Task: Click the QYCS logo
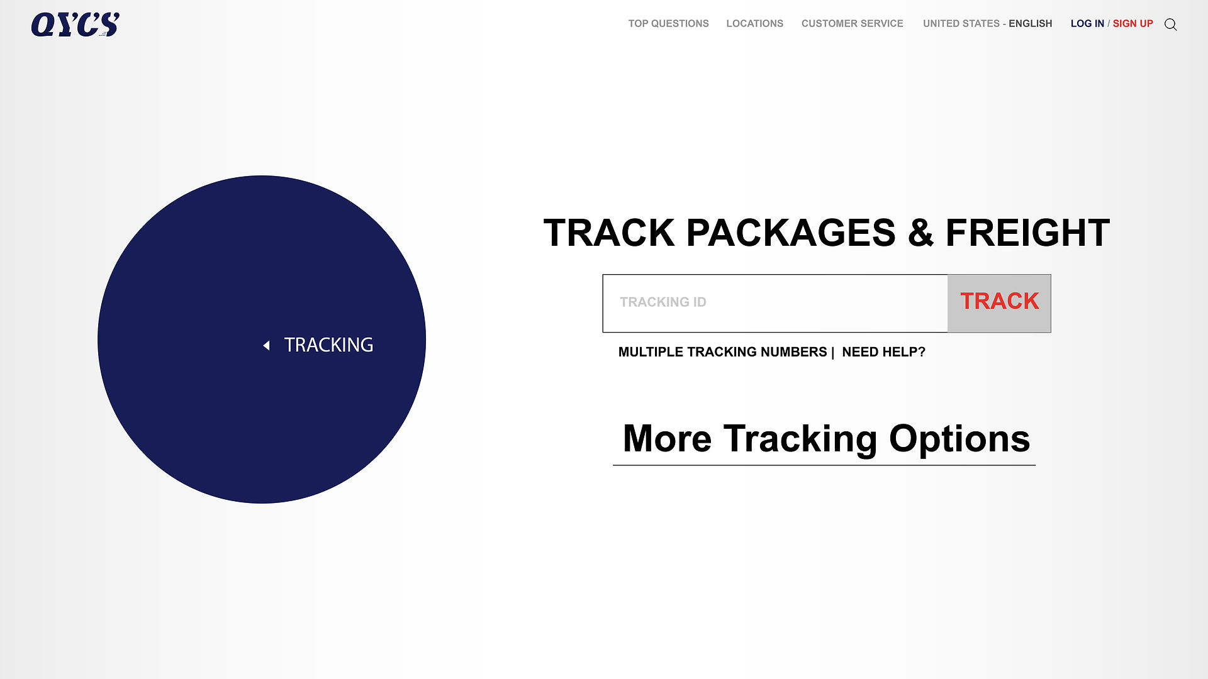[x=75, y=25]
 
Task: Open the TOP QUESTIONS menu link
[x=668, y=24]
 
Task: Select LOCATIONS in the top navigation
[x=754, y=24]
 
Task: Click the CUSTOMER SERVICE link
[x=852, y=24]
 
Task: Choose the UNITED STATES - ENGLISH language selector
[x=987, y=24]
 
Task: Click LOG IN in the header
[x=1087, y=24]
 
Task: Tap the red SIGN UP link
[x=1132, y=24]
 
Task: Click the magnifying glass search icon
[x=1170, y=25]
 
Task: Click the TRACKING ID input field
[x=775, y=303]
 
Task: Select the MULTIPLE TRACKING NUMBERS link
[x=722, y=352]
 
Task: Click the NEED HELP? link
[x=883, y=352]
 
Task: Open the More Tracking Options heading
[x=826, y=438]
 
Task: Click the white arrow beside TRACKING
[x=266, y=345]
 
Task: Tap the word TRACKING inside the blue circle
[x=328, y=345]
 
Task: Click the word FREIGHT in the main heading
[x=1027, y=233]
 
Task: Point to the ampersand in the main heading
[x=920, y=233]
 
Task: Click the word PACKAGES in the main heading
[x=791, y=233]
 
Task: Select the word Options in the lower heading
[x=959, y=438]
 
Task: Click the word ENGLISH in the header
[x=1030, y=24]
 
